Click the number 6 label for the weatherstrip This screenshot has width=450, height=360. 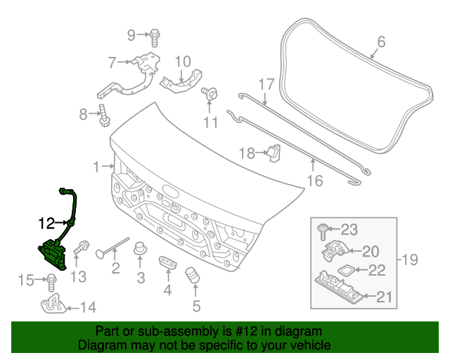coord(381,42)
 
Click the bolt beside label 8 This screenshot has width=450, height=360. coord(103,115)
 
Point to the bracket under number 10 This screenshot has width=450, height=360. coord(181,82)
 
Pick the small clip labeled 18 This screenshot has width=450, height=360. coord(274,152)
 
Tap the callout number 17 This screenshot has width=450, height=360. coord(265,85)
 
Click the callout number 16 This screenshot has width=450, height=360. coord(314,181)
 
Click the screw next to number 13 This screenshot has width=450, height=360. coord(82,247)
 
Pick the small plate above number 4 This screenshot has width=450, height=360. coord(167,262)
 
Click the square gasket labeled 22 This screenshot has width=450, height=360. coord(346,269)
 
